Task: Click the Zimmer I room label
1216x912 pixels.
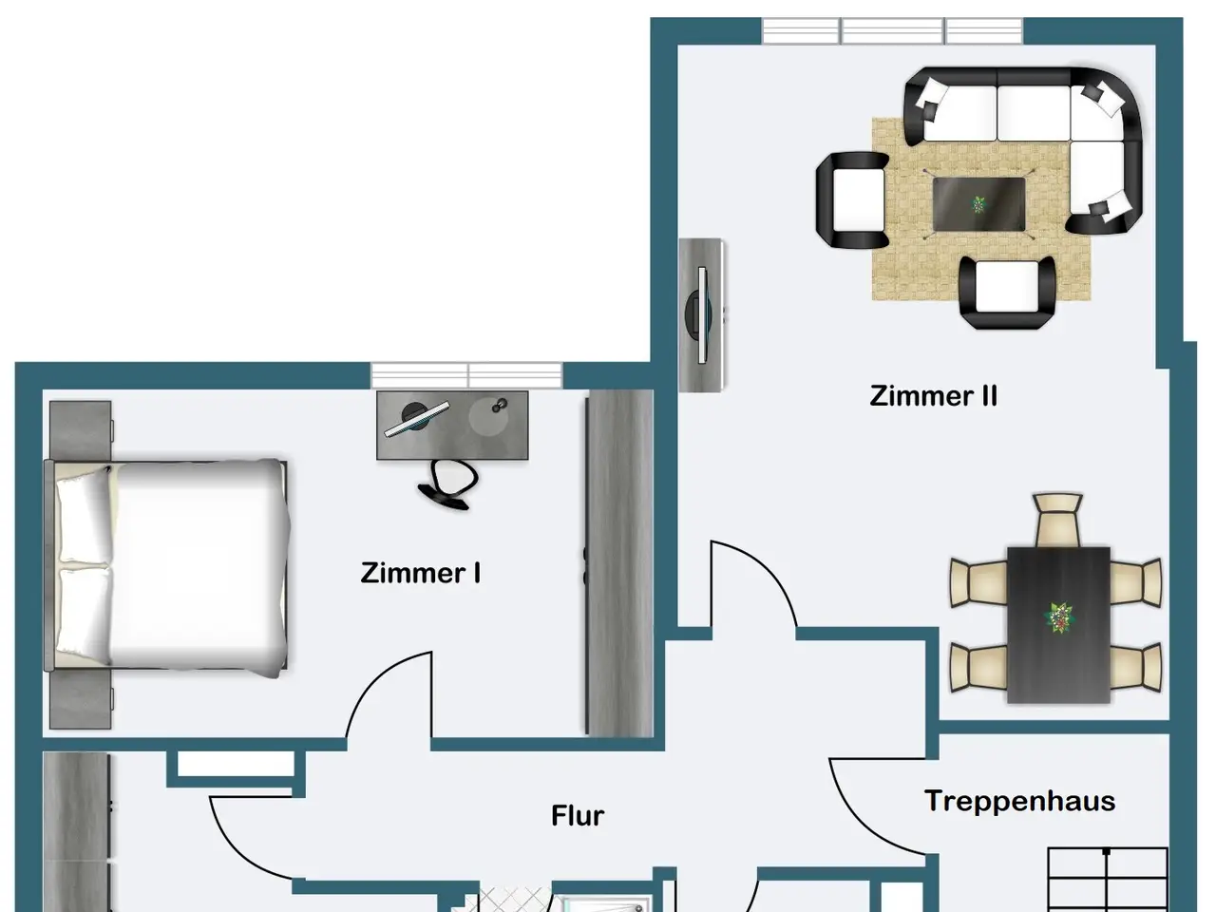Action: click(421, 573)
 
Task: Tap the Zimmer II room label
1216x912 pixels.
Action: click(934, 396)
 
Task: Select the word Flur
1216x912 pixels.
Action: click(578, 816)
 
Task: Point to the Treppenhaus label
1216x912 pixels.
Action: click(1020, 802)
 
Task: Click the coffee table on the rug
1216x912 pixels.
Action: click(978, 203)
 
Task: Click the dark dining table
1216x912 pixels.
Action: click(1058, 624)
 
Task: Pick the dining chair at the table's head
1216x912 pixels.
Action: click(1057, 520)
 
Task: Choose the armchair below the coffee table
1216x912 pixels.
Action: click(1007, 293)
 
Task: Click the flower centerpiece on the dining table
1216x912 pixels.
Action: click(1058, 617)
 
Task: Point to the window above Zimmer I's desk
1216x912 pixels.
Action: click(466, 375)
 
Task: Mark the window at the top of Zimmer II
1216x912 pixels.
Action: click(892, 30)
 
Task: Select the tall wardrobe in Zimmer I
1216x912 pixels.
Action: click(619, 563)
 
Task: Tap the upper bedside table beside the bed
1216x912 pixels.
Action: click(81, 430)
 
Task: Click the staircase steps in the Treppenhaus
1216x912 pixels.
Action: click(1108, 880)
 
